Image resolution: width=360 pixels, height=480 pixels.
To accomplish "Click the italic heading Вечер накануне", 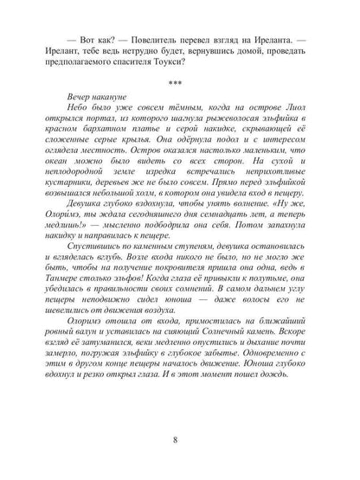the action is (93, 116).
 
